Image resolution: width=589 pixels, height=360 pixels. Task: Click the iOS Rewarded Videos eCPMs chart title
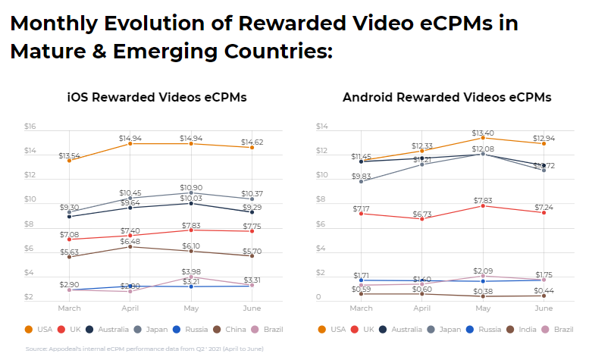[157, 98]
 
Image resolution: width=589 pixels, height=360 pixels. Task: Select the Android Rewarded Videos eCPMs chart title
[446, 98]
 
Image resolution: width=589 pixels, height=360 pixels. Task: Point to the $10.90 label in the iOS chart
[191, 186]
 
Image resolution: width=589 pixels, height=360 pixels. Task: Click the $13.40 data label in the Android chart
[483, 133]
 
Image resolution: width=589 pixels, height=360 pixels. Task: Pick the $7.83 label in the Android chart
[483, 201]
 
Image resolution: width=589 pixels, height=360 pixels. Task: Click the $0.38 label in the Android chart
[483, 290]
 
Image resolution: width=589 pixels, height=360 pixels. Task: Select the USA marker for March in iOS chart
[69, 161]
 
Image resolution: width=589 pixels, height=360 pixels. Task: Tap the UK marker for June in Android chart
[544, 212]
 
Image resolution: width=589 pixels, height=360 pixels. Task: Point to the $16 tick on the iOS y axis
[31, 127]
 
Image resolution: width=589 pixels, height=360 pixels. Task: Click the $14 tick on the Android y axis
[322, 127]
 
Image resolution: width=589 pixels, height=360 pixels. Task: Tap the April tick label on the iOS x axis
[130, 308]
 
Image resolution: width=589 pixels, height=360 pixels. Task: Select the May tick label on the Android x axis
[483, 308]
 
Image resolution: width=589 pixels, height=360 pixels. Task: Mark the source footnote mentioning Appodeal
[144, 349]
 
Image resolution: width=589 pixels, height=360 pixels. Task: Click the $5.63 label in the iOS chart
[69, 253]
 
